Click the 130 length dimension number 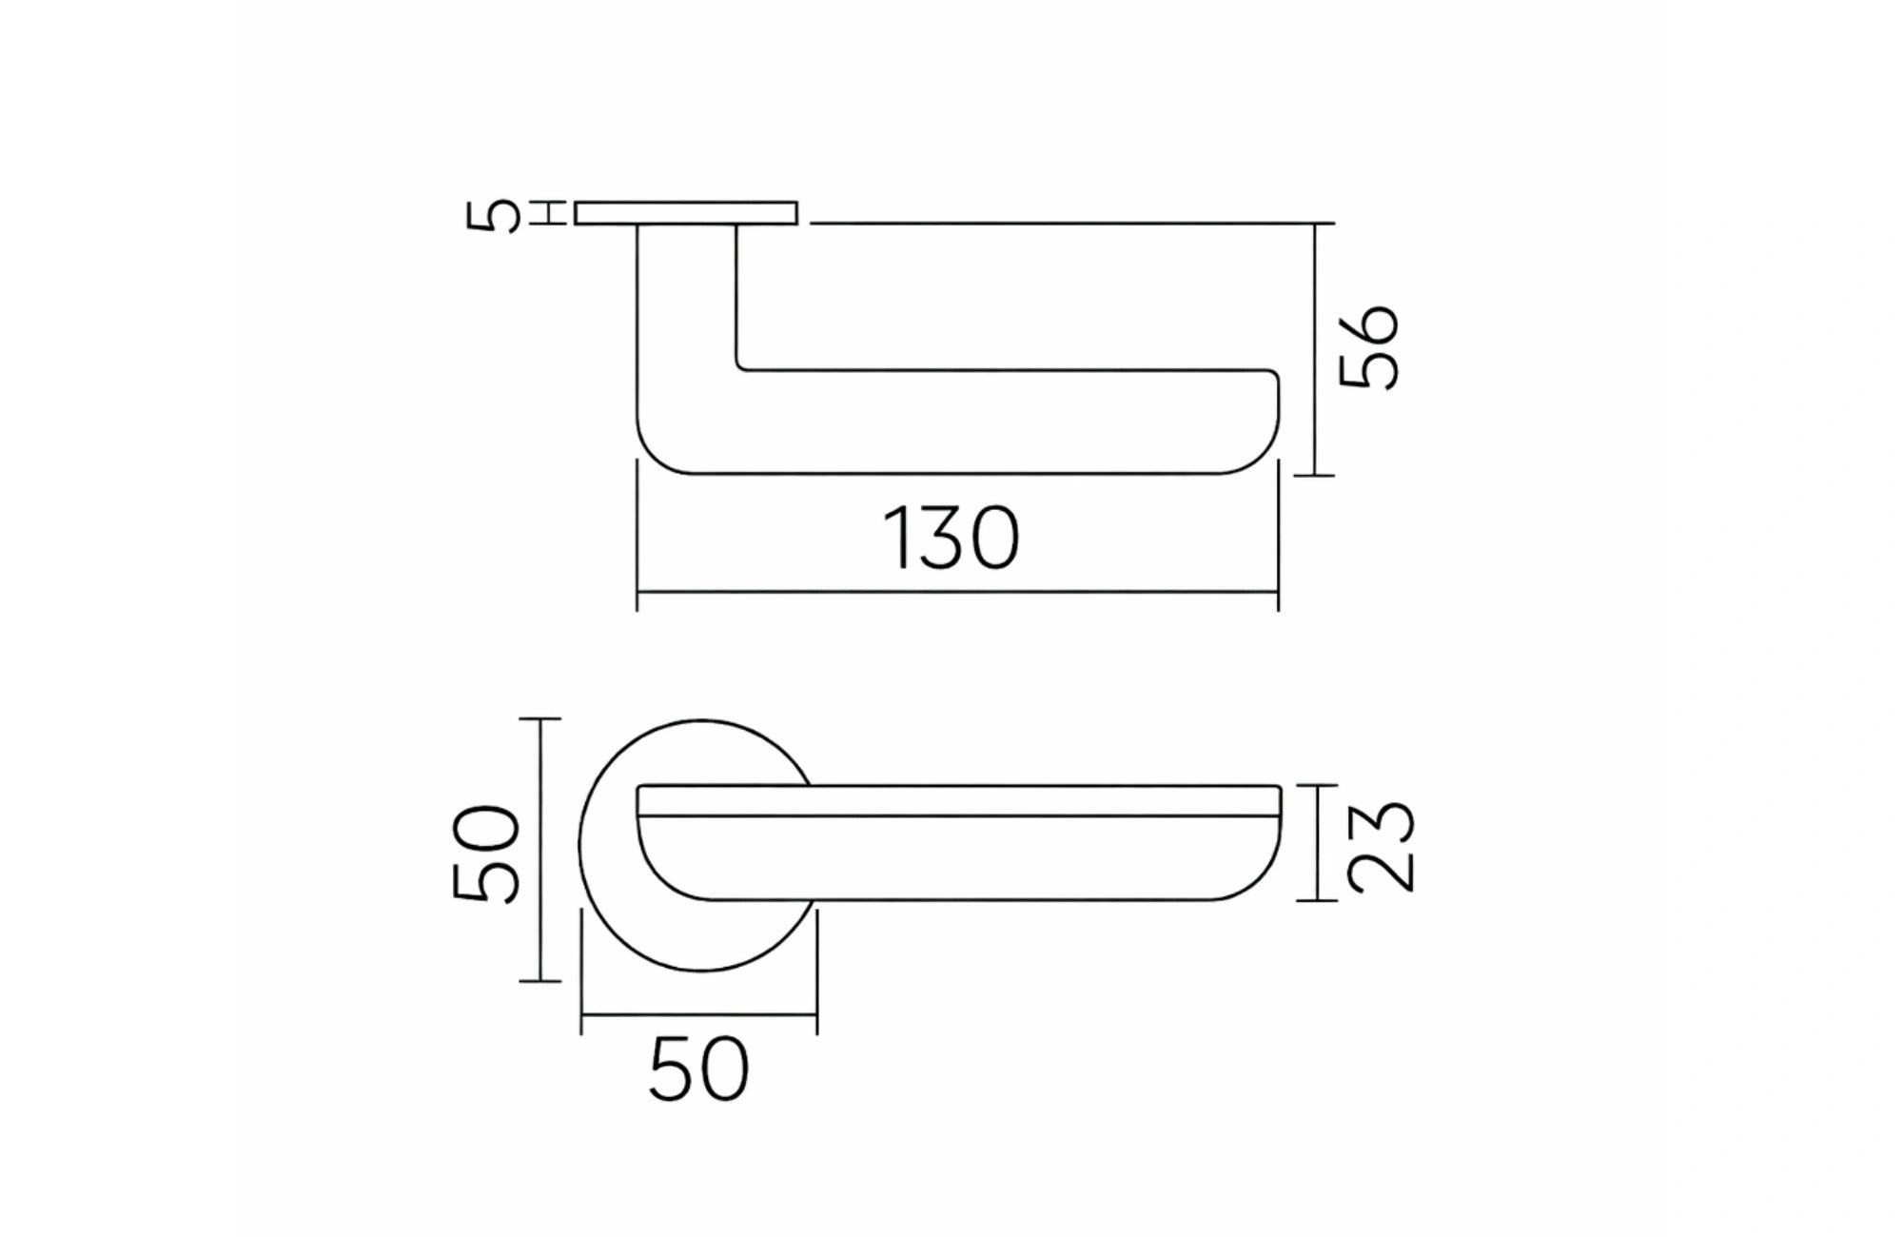[x=951, y=539]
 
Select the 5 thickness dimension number [x=493, y=215]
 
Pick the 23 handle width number [x=1382, y=846]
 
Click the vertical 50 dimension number [x=486, y=853]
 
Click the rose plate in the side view [x=685, y=213]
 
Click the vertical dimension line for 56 [x=1315, y=348]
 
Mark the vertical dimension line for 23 [x=1318, y=843]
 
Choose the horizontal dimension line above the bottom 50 [x=698, y=1015]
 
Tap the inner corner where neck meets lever [x=740, y=366]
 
